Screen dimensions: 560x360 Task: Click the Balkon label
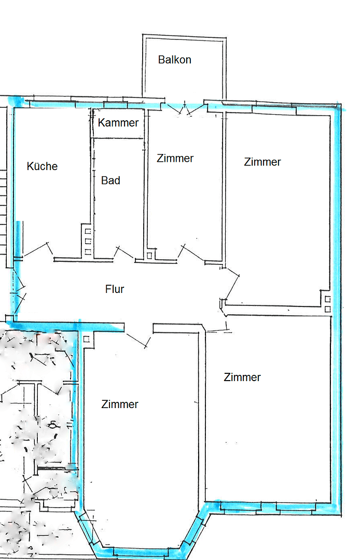click(x=175, y=60)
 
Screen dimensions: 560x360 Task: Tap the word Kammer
click(x=118, y=123)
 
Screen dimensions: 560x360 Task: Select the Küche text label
click(x=42, y=166)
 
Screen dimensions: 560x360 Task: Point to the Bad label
click(x=110, y=180)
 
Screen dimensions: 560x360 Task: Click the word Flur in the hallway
click(x=115, y=289)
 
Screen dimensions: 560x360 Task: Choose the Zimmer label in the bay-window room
click(x=120, y=404)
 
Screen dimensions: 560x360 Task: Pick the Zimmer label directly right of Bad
click(x=175, y=158)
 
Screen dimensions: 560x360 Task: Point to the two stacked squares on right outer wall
click(x=327, y=304)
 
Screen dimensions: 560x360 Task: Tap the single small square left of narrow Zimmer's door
click(x=149, y=255)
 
